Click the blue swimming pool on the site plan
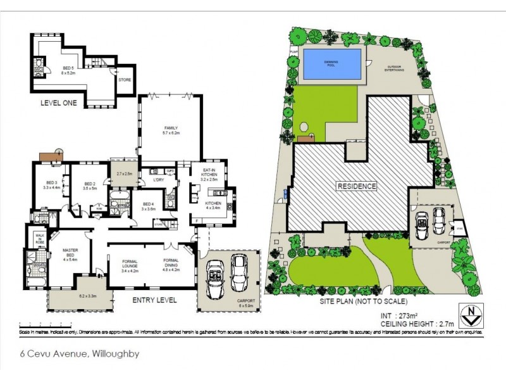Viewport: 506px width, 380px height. pos(333,64)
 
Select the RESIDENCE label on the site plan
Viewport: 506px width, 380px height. pos(357,186)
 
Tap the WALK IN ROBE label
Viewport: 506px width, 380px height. pos(39,238)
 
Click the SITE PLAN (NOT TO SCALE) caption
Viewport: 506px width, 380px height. pos(363,301)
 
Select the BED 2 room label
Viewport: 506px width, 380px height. pos(89,186)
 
